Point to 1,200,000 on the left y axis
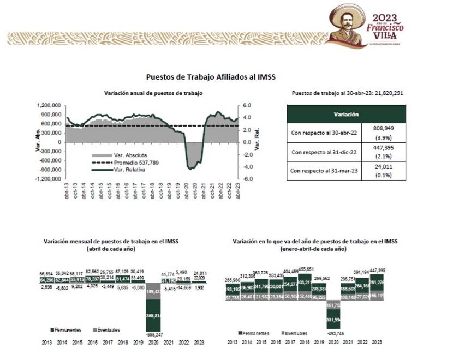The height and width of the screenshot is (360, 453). [49, 105]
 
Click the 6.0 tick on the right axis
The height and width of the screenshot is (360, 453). [246, 105]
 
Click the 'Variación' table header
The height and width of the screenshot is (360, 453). [345, 115]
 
